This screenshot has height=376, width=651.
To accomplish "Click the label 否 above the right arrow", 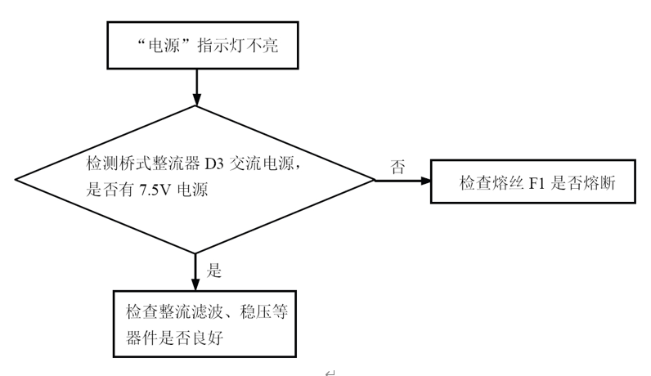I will point(398,168).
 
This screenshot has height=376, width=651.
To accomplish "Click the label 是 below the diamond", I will point(215,270).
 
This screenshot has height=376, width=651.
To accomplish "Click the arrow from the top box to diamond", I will point(195,86).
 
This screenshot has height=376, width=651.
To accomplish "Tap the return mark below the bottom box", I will point(329,371).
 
